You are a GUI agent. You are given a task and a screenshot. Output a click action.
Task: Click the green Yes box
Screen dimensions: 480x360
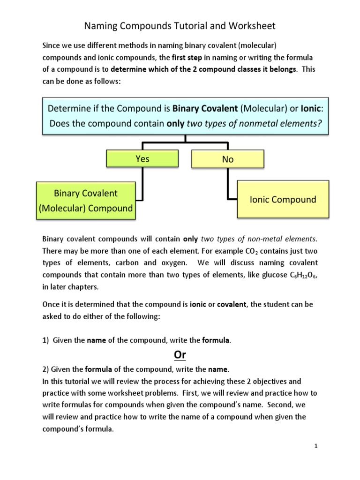point(142,159)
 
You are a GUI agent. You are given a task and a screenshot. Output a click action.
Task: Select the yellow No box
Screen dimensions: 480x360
point(228,159)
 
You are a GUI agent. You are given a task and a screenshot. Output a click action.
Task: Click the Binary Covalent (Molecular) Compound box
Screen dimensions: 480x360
point(86,201)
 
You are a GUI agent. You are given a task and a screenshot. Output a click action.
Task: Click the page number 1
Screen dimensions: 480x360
point(316,446)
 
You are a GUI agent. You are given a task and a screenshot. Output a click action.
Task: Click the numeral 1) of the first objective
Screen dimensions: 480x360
point(45,341)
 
